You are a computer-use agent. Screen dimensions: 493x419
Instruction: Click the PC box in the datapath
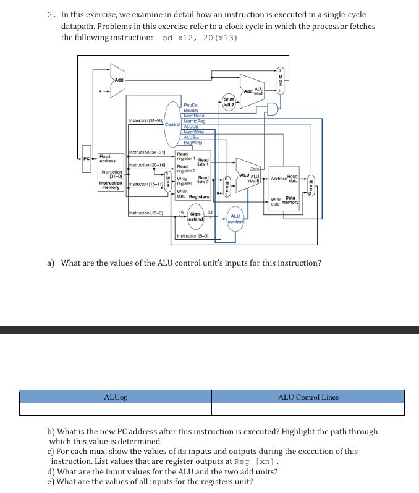(87, 160)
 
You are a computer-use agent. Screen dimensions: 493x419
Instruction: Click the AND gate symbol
(269, 109)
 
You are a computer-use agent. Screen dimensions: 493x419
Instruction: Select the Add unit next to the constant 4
(118, 80)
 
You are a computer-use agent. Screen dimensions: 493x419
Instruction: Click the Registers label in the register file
(199, 196)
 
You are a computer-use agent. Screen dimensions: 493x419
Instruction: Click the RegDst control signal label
(191, 106)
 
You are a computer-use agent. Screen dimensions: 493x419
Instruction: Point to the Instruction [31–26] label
(145, 120)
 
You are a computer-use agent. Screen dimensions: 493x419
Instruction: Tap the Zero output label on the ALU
(255, 168)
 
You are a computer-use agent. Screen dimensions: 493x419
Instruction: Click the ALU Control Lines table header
(308, 397)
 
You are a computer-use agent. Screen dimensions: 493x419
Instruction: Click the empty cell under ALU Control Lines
(308, 409)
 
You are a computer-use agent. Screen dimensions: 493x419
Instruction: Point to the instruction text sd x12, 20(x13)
(200, 38)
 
